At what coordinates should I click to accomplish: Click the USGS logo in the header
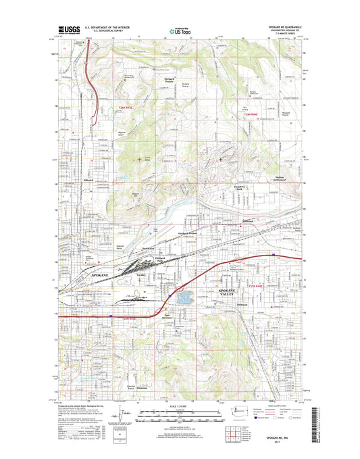(x=69, y=30)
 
